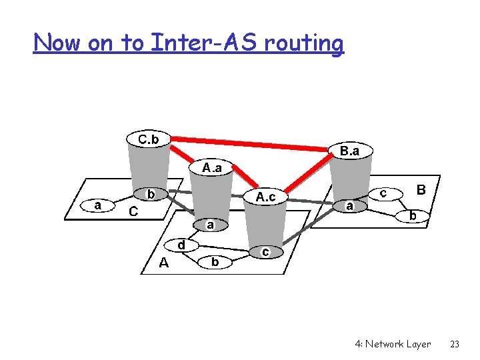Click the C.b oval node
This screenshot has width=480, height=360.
(x=149, y=139)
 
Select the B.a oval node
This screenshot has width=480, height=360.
(x=350, y=151)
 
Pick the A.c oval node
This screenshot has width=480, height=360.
(x=266, y=197)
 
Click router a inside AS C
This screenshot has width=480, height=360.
(x=98, y=205)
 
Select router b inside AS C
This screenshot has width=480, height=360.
(x=151, y=194)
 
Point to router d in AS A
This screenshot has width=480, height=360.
(x=181, y=245)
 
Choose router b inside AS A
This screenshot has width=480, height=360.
(x=215, y=262)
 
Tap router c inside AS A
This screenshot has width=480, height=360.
(x=265, y=251)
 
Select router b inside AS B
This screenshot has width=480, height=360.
(x=413, y=216)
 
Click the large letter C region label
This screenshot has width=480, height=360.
(x=133, y=212)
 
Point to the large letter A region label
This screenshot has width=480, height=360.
(x=164, y=263)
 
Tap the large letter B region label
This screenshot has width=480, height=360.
(x=421, y=190)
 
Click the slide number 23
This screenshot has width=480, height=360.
(x=455, y=344)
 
